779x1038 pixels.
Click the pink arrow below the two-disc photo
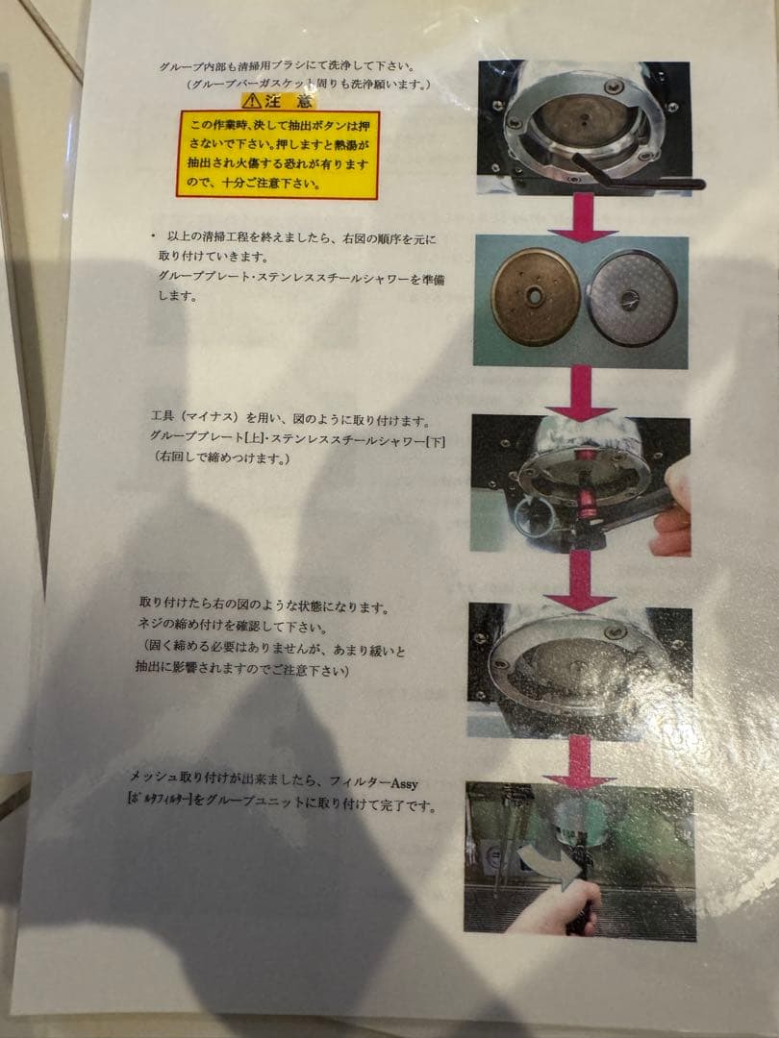tap(583, 392)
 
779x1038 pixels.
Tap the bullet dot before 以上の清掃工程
tap(152, 235)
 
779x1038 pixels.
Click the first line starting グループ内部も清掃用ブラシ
tap(289, 67)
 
